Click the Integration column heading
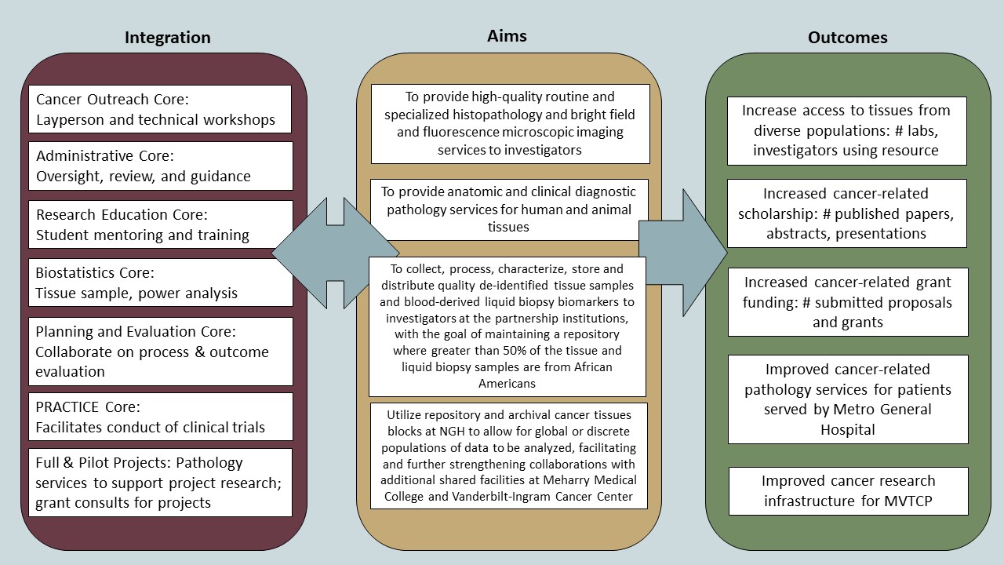click(168, 37)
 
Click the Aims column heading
click(507, 35)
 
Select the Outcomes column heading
click(847, 37)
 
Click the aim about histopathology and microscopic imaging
click(510, 124)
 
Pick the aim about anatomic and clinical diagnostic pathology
click(510, 209)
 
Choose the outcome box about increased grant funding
click(847, 302)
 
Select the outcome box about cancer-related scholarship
click(847, 213)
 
